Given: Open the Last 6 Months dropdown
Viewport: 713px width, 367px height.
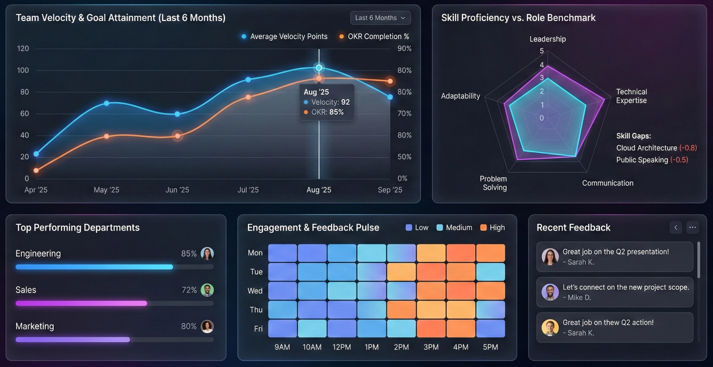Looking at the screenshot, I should (x=380, y=18).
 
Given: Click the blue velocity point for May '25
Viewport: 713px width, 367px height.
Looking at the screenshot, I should (x=106, y=103).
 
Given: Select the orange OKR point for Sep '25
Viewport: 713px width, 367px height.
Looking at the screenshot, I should (x=390, y=81).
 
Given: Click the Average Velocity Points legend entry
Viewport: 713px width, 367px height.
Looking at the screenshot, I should (x=284, y=36).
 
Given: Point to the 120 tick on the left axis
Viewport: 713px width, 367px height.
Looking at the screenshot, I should (x=23, y=49).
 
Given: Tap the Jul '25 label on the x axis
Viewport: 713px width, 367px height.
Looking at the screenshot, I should (x=248, y=190).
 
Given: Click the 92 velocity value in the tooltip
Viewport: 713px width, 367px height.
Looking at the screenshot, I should (x=345, y=102).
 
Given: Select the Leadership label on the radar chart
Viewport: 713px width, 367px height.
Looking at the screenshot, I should (x=547, y=39).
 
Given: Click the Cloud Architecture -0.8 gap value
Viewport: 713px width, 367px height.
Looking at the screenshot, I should (x=688, y=148).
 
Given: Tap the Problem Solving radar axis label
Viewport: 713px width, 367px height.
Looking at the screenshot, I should (x=494, y=183).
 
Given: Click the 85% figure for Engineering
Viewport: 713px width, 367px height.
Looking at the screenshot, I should (x=189, y=253).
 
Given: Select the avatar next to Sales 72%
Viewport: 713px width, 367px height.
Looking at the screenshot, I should (x=207, y=290).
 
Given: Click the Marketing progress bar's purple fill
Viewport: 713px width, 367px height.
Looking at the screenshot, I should (x=73, y=340).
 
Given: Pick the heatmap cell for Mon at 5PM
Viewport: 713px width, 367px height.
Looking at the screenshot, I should (x=490, y=253).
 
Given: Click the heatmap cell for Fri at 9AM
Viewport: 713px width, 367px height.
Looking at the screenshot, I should (x=282, y=328).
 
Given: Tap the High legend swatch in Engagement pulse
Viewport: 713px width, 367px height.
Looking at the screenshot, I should (x=483, y=228).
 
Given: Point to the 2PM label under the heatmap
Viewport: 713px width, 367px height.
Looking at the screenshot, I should (x=401, y=347).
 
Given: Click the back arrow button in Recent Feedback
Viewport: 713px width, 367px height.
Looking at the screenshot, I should (x=676, y=227).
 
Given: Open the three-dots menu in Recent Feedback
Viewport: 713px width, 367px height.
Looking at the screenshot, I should (x=692, y=227).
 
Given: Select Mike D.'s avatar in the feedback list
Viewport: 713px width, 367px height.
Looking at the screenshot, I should (x=550, y=292).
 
